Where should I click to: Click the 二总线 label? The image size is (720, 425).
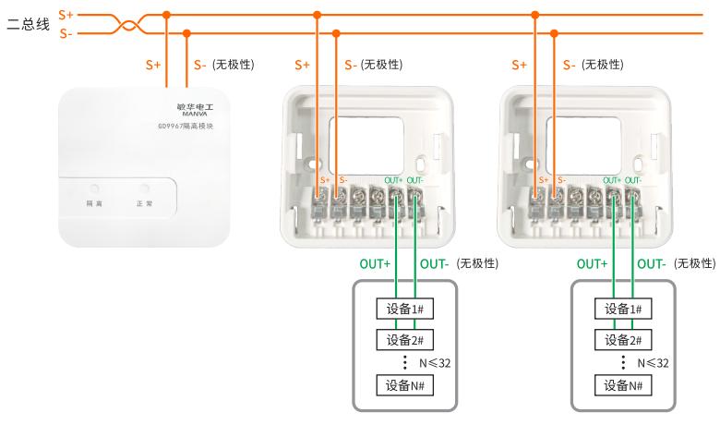pos(28,25)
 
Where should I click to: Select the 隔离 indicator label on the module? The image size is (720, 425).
pos(94,201)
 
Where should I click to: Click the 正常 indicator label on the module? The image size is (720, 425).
pos(144,201)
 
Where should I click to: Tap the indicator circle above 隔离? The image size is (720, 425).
pos(94,188)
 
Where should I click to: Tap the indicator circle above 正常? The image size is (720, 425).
pos(144,188)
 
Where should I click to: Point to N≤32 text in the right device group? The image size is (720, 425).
pos(652,363)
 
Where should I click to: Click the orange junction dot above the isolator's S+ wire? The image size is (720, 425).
pos(166,15)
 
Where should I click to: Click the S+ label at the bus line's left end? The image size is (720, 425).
pos(66,15)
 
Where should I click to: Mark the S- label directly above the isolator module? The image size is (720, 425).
pos(200,66)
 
